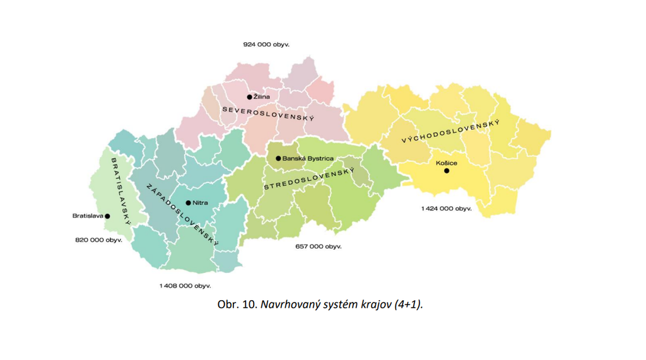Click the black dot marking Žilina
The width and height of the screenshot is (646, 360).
click(250, 97)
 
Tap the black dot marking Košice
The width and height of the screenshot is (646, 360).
click(447, 171)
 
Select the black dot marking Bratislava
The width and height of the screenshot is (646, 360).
click(107, 216)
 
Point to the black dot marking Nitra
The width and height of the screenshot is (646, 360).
click(188, 203)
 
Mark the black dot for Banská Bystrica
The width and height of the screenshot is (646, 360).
click(278, 158)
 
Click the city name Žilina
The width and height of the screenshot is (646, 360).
click(262, 97)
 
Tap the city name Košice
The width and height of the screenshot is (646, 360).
click(447, 163)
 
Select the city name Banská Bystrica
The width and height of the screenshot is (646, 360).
click(308, 158)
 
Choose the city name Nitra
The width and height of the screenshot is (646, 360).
click(200, 203)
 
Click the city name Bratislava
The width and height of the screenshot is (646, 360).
click(88, 216)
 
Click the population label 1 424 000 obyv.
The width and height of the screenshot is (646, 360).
click(447, 208)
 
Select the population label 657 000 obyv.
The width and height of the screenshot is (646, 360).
click(319, 247)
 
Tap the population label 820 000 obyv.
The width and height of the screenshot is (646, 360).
click(99, 240)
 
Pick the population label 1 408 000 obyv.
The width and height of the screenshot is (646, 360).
click(185, 286)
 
